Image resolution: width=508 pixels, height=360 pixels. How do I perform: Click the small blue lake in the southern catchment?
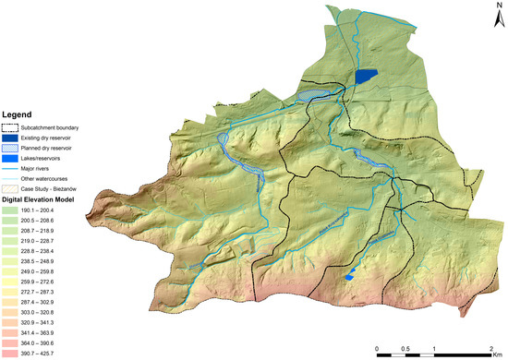pyautogui.click(x=349, y=275)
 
